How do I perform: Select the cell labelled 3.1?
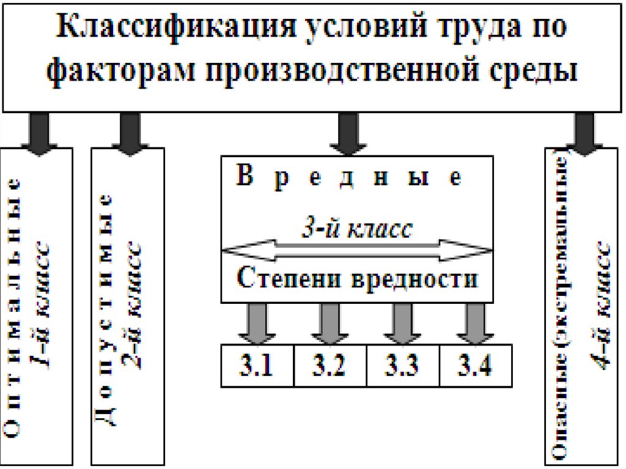point(258,366)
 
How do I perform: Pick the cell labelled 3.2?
point(331,366)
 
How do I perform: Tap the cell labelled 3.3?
point(402,366)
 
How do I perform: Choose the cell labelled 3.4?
point(475,366)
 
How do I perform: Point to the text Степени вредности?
point(357,279)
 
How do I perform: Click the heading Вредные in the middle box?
point(349,178)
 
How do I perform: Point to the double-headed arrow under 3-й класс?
point(357,250)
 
